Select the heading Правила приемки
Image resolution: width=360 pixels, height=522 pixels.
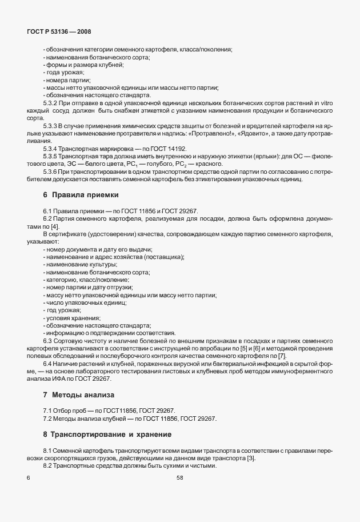coord(81,195)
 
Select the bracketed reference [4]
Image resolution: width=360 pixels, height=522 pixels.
coord(55,227)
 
